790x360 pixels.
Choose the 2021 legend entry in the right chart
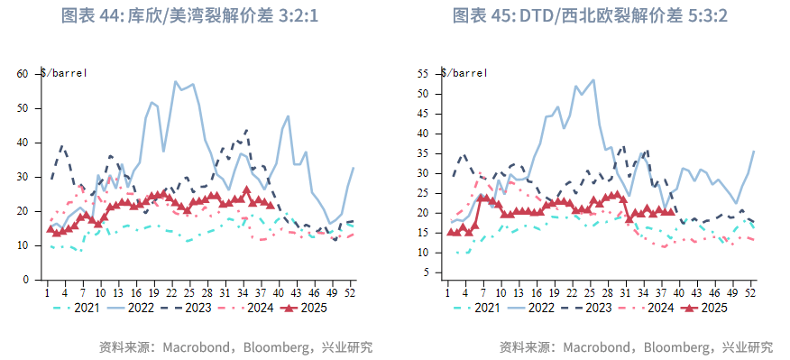[480, 308]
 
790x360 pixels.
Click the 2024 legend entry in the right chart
[648, 308]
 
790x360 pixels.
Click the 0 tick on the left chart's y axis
[27, 280]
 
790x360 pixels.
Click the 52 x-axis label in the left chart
[350, 292]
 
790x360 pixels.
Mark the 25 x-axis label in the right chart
[592, 292]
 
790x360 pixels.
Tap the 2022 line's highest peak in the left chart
[176, 81]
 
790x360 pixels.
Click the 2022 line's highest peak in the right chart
[592, 79]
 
